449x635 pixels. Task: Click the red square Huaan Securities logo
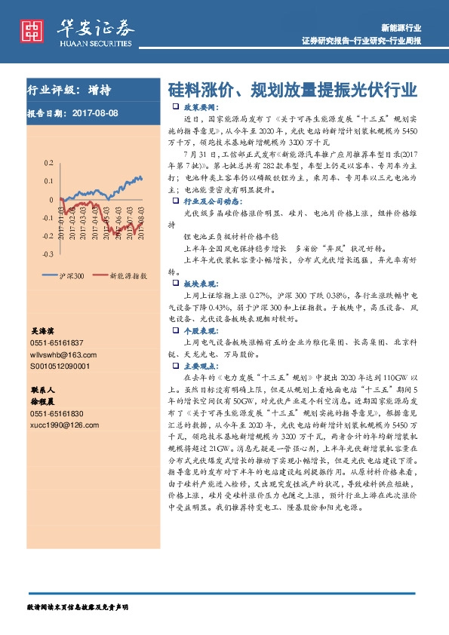pyautogui.click(x=31, y=30)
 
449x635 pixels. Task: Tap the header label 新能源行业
pyautogui.click(x=401, y=27)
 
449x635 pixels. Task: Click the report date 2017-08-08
pyautogui.click(x=97, y=114)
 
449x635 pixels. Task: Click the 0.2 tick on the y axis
pyautogui.click(x=49, y=163)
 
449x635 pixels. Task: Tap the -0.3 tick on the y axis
pyautogui.click(x=48, y=255)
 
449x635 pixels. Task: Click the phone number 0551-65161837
pyautogui.click(x=57, y=343)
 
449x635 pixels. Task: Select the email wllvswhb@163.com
pyautogui.click(x=60, y=354)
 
